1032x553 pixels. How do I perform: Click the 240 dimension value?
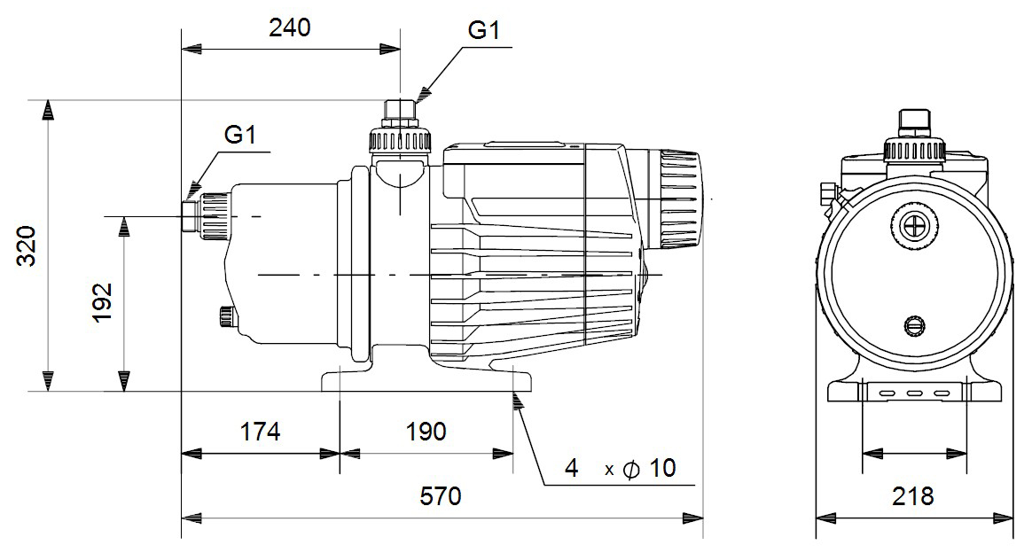tap(290, 28)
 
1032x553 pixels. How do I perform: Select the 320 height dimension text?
tap(28, 245)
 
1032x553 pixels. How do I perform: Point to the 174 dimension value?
tap(261, 432)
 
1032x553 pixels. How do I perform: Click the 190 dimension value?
tap(426, 432)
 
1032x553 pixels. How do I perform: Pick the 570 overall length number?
tap(441, 496)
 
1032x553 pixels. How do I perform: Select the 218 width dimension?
tap(913, 496)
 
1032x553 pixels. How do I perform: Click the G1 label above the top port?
tap(484, 31)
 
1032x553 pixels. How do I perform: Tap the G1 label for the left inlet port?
tap(240, 135)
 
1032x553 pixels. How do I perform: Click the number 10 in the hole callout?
tap(661, 468)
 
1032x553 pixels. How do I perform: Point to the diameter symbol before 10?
tap(631, 469)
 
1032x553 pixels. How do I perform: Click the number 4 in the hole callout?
tap(572, 468)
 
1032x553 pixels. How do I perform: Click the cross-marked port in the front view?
tap(912, 229)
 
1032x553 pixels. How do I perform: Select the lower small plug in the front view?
tap(912, 325)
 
